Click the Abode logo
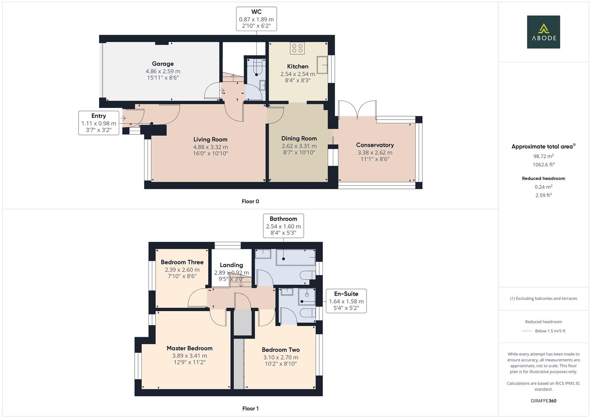(543, 32)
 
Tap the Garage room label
(163, 64)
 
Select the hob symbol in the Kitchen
(297, 48)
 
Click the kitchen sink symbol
(322, 65)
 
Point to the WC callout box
(256, 19)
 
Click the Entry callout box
(99, 123)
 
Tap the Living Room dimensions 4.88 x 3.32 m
(211, 147)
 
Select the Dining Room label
(299, 138)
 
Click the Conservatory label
(375, 145)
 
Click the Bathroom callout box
(283, 226)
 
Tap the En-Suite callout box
(346, 301)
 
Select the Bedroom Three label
(182, 262)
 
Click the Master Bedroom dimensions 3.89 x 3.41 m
(190, 356)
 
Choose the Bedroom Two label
(281, 349)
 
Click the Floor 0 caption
(250, 201)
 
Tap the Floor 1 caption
(250, 408)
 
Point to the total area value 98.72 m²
(543, 156)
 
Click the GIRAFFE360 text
(543, 401)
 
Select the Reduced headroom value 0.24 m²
(543, 187)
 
